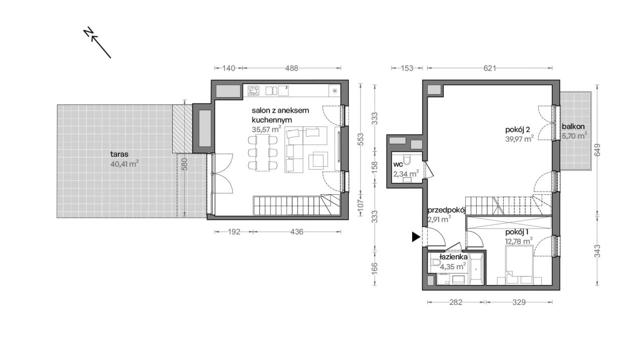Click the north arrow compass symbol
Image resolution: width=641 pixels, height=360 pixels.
click(97, 43)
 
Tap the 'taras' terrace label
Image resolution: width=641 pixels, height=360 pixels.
click(119, 154)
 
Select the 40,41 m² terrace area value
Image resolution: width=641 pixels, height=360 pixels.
click(125, 164)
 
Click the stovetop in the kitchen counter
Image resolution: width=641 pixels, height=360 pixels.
click(253, 91)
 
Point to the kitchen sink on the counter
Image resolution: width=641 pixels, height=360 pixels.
click(271, 91)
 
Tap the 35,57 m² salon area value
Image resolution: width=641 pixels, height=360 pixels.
click(266, 129)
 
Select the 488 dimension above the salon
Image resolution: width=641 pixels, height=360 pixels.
click(291, 68)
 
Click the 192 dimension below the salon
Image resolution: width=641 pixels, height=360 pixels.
click(234, 232)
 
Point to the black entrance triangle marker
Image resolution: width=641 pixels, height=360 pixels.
click(416, 237)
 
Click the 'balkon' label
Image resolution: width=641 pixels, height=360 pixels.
click(573, 127)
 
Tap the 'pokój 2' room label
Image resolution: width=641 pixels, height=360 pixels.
click(517, 130)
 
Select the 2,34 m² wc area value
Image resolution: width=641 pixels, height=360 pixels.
click(406, 174)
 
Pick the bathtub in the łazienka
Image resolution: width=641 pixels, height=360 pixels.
click(476, 269)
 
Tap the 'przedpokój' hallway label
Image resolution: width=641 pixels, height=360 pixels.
click(447, 210)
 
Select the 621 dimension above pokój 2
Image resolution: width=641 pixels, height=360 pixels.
click(490, 68)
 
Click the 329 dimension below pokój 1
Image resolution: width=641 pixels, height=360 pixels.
click(519, 302)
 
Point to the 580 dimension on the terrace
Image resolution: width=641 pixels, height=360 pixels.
click(185, 164)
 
